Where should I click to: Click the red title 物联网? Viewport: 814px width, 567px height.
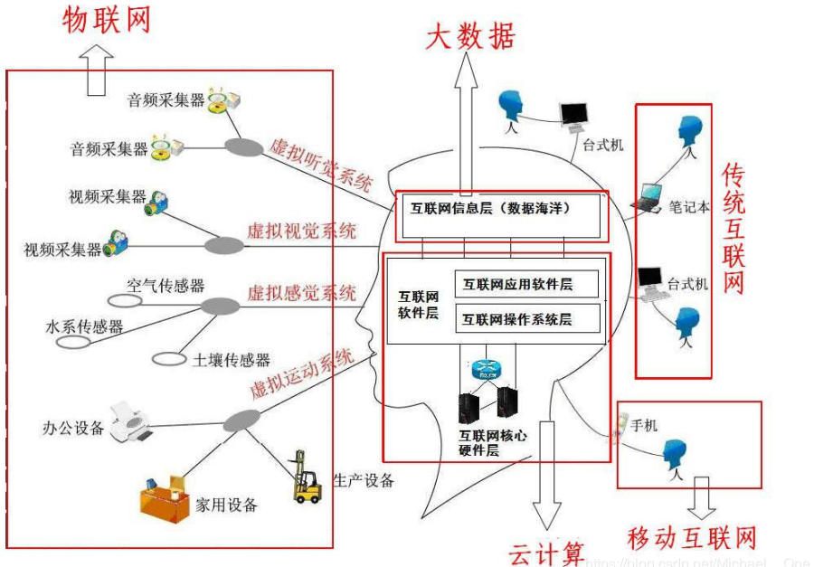107,20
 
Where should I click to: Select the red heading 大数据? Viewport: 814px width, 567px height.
469,35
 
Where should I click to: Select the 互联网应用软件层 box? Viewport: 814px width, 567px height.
525,284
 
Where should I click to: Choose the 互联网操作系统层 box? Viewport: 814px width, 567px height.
525,318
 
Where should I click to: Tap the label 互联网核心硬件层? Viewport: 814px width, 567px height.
493,442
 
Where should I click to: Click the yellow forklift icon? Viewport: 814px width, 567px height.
307,477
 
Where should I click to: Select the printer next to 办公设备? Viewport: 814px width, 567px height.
129,422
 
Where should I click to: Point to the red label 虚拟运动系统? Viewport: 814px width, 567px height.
300,374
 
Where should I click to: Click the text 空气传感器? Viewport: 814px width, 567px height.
166,286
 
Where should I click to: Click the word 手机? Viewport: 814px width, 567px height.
643,425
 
